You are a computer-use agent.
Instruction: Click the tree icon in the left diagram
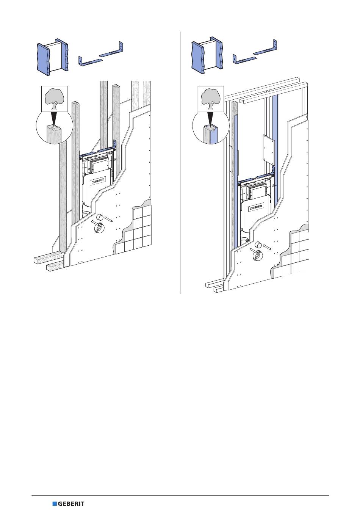point(54,99)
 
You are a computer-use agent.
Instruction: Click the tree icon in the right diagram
point(211,99)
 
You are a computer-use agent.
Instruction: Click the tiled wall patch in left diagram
point(135,229)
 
